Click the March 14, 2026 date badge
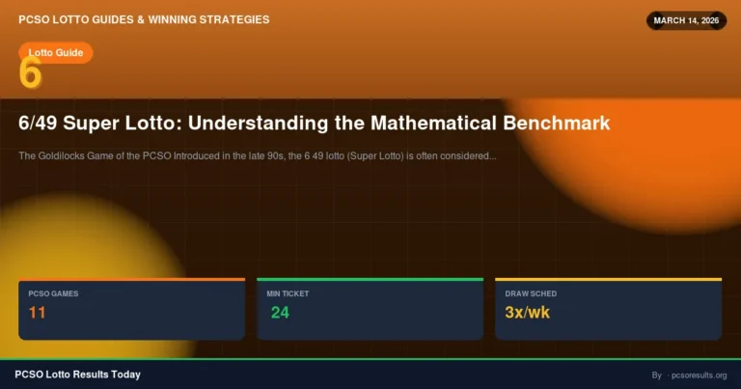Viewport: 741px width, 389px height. pos(686,20)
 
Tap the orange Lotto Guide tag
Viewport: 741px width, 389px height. pos(55,52)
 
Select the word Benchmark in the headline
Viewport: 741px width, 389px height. pos(557,124)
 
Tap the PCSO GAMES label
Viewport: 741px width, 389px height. pos(53,293)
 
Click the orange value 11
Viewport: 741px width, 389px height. pos(38,313)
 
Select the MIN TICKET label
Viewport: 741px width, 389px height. pos(288,293)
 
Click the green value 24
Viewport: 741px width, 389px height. pos(280,313)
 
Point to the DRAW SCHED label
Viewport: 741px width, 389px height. pos(531,293)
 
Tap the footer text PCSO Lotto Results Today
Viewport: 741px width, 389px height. pos(77,375)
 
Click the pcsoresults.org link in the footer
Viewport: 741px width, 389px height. pos(700,375)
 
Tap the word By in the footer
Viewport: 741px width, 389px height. pos(656,375)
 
